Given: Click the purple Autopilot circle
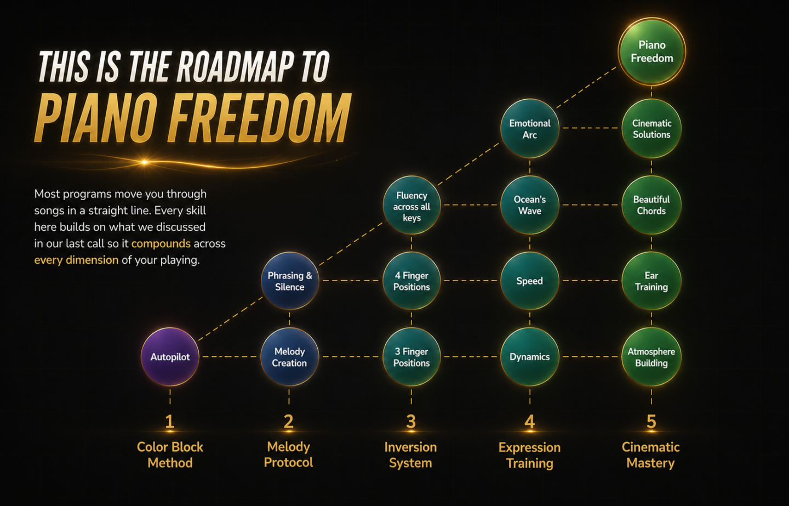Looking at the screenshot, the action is (x=170, y=356).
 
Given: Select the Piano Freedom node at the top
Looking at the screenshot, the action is (x=651, y=52).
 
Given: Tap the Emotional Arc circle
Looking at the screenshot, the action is (x=530, y=129).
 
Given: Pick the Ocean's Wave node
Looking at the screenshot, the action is (x=530, y=205).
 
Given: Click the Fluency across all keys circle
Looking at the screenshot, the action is (x=412, y=205).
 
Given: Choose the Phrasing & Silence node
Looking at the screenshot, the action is (x=289, y=281).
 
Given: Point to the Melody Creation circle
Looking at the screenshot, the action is (x=289, y=356).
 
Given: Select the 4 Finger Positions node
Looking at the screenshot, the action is (x=412, y=281).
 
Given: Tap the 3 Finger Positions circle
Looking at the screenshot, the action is (x=412, y=356).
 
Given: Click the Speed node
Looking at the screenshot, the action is (x=530, y=281).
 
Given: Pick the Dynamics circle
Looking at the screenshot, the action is (x=530, y=356).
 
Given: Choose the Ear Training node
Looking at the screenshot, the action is (x=651, y=281).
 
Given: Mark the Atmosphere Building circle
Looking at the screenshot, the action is (x=651, y=356).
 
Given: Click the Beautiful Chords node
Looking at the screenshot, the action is (x=651, y=205).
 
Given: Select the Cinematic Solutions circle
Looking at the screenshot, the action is (x=651, y=129).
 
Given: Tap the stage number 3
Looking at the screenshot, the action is (x=411, y=422).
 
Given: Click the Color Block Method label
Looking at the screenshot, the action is (x=170, y=455).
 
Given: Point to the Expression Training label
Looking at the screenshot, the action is (x=530, y=455).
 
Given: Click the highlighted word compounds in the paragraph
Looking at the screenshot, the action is (x=161, y=244).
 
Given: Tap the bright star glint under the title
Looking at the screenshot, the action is (x=145, y=162).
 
